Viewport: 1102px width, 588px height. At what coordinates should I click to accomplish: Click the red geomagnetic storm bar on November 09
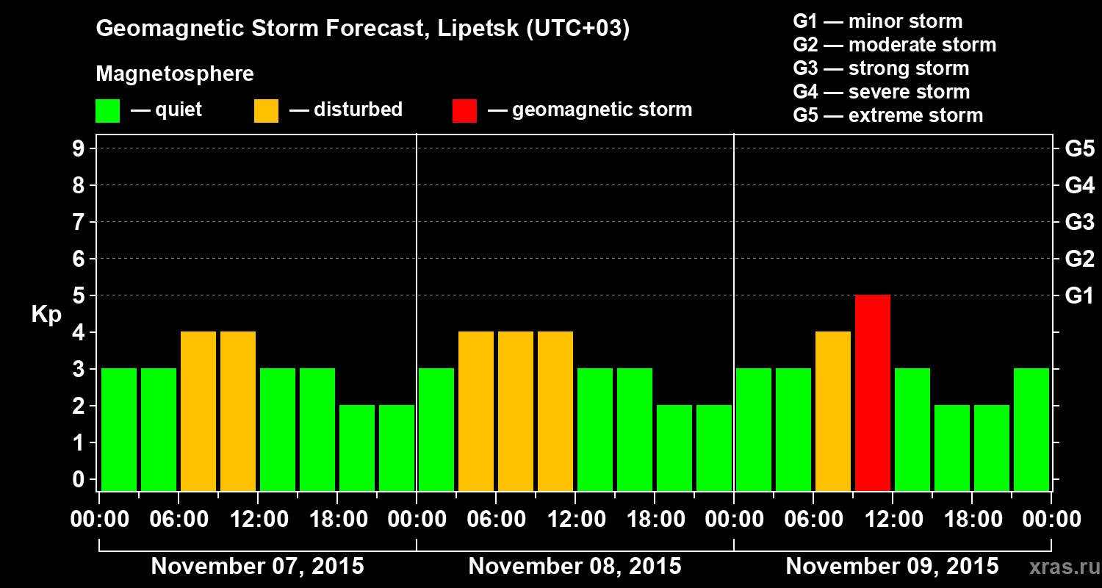873,392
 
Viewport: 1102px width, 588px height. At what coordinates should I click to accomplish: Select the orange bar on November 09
833,411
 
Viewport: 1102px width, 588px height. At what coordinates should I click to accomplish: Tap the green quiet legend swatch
107,110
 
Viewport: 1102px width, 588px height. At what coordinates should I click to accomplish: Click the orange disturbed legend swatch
266,110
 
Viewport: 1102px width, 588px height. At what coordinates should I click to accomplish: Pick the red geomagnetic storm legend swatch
464,110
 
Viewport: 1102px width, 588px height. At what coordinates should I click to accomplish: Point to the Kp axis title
46,314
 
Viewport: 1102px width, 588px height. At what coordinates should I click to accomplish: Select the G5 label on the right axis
1079,149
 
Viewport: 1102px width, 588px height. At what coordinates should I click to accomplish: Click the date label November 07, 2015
257,567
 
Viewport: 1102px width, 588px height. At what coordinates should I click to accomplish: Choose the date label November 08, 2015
575,567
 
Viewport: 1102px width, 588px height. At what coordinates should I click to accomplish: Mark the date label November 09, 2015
892,567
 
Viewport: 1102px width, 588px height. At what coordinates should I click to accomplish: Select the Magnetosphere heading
175,74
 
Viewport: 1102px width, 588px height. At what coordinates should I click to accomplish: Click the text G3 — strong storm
881,68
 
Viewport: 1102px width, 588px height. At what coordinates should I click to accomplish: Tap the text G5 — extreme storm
887,115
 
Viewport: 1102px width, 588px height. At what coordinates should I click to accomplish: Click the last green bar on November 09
1031,429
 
